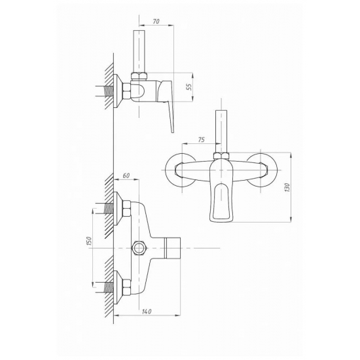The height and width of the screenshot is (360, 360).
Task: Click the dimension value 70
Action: [156, 22]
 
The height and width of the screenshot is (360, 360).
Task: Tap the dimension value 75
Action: [201, 139]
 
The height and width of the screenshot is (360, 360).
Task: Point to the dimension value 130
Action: [288, 188]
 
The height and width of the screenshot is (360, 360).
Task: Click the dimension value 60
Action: [126, 175]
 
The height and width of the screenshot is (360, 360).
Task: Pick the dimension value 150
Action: [89, 241]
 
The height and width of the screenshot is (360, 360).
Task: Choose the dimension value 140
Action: [147, 312]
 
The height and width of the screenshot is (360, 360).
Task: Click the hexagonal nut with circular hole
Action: [139, 248]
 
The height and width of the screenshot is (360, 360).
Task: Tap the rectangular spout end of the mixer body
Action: [173, 248]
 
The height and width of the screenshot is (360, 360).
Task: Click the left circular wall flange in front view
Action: [170, 171]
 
